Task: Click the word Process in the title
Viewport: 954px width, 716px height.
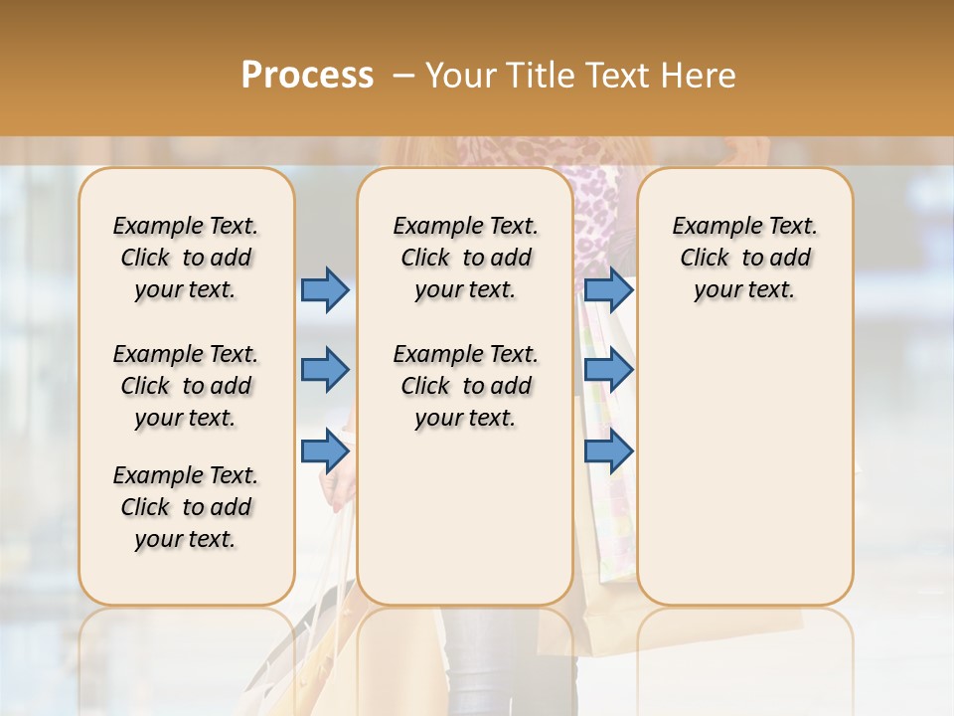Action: (307, 76)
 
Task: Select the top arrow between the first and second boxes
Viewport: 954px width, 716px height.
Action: (325, 289)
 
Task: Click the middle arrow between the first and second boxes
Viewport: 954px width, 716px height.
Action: (325, 370)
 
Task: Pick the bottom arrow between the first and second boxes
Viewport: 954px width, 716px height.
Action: (325, 451)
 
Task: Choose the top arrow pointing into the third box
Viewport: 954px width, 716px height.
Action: (608, 289)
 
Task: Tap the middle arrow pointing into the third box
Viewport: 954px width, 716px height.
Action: (608, 370)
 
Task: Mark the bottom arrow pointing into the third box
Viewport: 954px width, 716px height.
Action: (608, 451)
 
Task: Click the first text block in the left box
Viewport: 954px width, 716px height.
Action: (186, 258)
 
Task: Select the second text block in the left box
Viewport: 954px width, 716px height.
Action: (186, 386)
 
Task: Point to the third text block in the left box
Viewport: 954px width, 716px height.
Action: (186, 507)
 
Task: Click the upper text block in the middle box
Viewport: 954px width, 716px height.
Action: (465, 258)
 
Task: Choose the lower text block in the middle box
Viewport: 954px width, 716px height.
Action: (465, 386)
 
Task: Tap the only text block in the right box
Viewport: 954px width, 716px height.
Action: (744, 258)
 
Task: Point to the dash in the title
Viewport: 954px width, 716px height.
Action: (403, 76)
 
